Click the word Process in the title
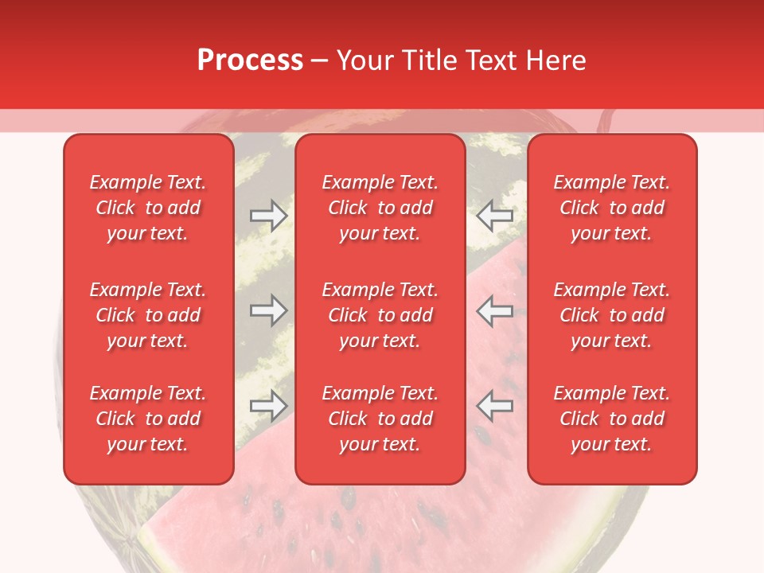(x=250, y=60)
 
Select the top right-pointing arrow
(x=268, y=215)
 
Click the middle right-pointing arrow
(x=268, y=310)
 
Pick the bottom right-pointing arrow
(x=268, y=406)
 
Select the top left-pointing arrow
(x=495, y=215)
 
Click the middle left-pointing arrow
(x=495, y=310)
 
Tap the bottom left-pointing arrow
(x=495, y=406)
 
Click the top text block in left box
(x=148, y=208)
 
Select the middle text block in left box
(x=148, y=315)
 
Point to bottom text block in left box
(x=148, y=419)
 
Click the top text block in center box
(x=380, y=208)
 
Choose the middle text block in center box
(x=380, y=315)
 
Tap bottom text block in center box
(x=380, y=419)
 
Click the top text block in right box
(x=612, y=208)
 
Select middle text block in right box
(x=612, y=315)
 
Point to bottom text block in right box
(x=612, y=419)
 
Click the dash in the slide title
(x=320, y=61)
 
